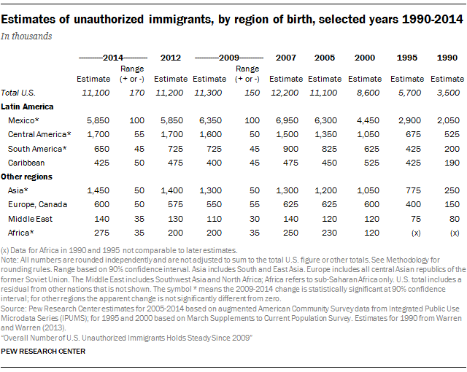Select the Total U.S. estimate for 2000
pos(367,93)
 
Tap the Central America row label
pos(40,135)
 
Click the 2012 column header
pos(171,58)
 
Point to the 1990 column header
pos(447,58)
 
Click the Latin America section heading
pos(30,106)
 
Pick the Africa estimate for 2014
pos(98,233)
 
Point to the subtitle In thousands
pos(31,34)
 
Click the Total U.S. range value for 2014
pos(136,93)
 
